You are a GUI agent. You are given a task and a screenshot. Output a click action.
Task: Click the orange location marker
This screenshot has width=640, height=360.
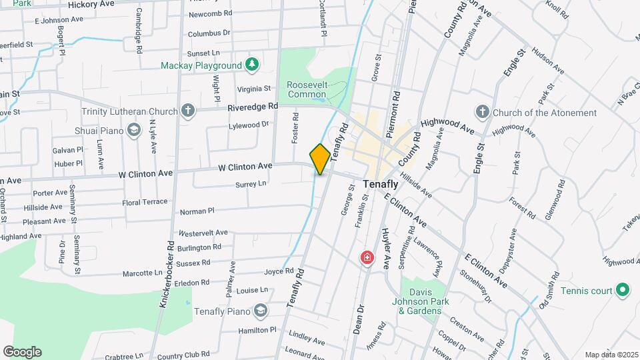click(x=320, y=159)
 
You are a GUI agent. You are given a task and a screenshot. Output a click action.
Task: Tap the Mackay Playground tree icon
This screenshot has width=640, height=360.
click(x=251, y=65)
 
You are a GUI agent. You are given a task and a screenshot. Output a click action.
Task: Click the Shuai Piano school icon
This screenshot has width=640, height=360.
click(x=135, y=129)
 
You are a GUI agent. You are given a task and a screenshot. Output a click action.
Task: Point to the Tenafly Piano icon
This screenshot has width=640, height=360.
click(x=259, y=311)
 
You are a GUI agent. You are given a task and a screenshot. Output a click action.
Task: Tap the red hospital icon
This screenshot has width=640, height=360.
click(x=367, y=257)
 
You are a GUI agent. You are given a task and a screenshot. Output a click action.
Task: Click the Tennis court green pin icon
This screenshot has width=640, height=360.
click(x=622, y=290)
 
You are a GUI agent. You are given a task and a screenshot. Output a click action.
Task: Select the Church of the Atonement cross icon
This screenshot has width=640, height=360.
click(x=483, y=112)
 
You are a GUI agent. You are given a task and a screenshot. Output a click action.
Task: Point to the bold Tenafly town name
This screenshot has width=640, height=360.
click(x=381, y=184)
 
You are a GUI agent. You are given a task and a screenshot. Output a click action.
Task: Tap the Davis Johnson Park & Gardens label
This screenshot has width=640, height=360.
click(x=425, y=301)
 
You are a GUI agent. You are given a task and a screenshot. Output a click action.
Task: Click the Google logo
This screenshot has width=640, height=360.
click(x=22, y=352)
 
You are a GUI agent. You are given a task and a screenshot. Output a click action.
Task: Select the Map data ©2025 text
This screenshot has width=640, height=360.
click(x=611, y=355)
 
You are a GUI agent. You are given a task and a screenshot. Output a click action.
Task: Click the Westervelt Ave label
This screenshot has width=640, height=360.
click(x=203, y=233)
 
